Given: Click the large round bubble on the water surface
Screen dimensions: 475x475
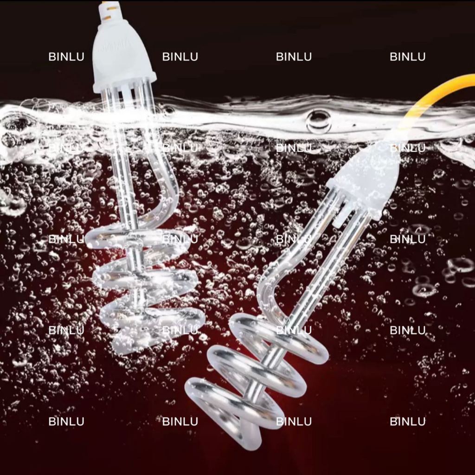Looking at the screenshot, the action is click(x=318, y=122).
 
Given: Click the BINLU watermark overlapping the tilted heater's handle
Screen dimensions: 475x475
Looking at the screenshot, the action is click(x=407, y=148).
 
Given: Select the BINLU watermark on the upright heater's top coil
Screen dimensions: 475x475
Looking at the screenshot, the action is click(x=180, y=239).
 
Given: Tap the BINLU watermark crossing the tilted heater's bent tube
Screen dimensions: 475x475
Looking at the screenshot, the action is click(x=294, y=239).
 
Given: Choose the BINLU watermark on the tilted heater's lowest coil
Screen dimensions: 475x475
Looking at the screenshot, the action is click(x=294, y=421).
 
